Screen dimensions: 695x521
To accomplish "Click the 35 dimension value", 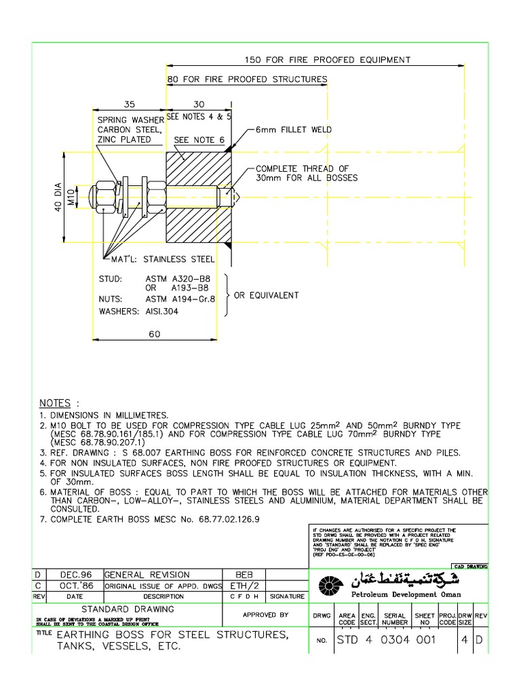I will click(130, 105).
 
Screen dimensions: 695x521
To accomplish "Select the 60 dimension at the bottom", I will click(154, 334).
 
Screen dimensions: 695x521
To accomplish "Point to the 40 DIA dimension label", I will click(58, 197).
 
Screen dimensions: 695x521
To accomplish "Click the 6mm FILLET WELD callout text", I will click(293, 128).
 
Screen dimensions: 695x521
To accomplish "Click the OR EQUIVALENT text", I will click(266, 295).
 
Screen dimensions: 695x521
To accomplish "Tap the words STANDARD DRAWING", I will click(128, 609).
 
